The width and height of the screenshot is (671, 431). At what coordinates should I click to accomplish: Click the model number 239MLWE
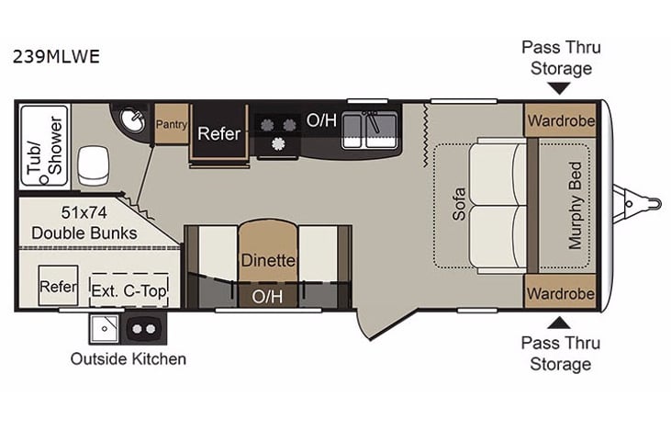57,55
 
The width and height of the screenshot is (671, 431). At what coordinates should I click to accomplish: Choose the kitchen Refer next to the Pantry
219,133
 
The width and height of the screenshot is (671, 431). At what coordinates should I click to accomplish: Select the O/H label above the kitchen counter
320,119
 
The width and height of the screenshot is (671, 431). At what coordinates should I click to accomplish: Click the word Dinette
268,260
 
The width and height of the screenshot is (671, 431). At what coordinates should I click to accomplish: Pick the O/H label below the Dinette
268,295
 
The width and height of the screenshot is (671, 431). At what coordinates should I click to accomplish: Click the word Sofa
459,204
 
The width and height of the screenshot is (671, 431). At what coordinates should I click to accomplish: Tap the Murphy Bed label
576,206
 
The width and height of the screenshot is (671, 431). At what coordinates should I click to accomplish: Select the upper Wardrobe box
560,120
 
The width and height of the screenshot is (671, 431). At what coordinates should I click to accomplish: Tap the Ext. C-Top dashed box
129,289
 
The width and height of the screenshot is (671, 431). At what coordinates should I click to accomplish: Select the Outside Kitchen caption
129,358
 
